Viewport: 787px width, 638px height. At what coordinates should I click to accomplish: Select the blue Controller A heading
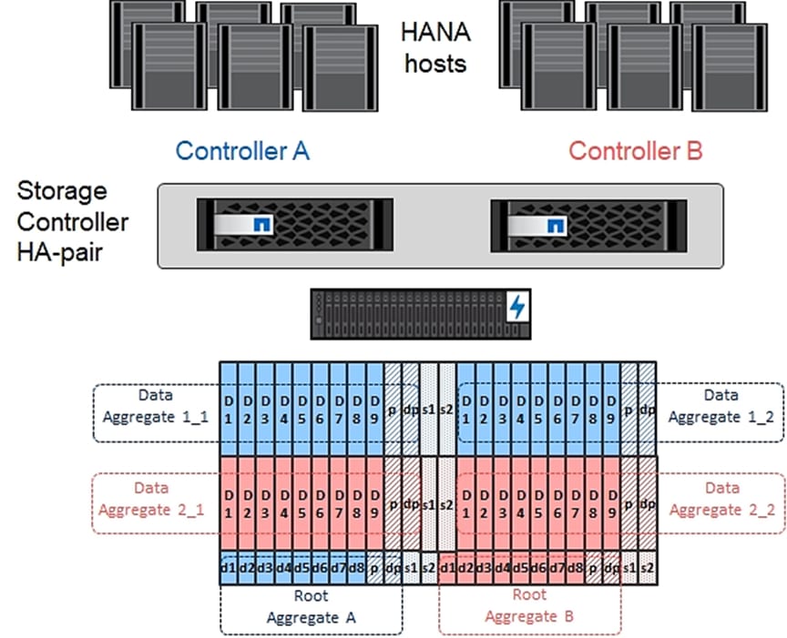click(x=242, y=151)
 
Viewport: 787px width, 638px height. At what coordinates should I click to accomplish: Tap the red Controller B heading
click(x=636, y=151)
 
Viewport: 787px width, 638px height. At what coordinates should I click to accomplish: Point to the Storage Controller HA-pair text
click(x=73, y=221)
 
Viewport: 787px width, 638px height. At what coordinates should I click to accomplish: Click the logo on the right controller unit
click(x=554, y=224)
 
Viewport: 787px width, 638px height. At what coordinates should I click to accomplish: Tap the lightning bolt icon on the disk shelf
click(x=519, y=308)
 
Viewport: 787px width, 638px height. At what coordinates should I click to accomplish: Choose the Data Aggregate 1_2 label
click(x=722, y=406)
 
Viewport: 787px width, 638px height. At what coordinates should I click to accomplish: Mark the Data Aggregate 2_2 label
click(x=722, y=499)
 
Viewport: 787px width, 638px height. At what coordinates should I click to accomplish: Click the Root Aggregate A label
click(x=310, y=606)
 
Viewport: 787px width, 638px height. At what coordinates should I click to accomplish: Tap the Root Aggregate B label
click(x=529, y=606)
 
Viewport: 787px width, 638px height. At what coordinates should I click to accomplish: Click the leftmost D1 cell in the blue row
click(x=229, y=407)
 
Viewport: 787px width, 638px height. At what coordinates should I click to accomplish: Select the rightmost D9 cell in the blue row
click(x=610, y=407)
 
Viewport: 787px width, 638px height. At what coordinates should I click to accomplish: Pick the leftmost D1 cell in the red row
click(x=229, y=501)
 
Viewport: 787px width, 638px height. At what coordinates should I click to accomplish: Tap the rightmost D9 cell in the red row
click(x=610, y=501)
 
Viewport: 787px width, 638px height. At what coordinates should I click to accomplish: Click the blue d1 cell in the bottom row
click(x=228, y=569)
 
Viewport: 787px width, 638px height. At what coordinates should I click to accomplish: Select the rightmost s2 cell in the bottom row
click(x=647, y=569)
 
